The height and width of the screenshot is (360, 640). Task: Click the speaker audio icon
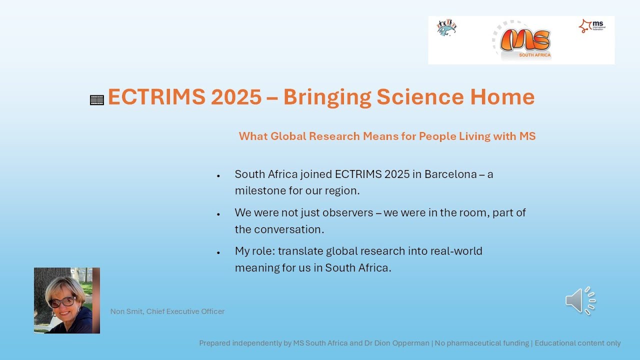(x=580, y=301)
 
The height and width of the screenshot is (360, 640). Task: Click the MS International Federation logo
(x=592, y=26)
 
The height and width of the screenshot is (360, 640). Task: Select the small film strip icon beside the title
(x=97, y=100)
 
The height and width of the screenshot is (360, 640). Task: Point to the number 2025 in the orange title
(x=236, y=97)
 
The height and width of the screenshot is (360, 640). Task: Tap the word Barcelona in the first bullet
(x=450, y=174)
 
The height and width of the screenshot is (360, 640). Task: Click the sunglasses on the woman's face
(x=62, y=302)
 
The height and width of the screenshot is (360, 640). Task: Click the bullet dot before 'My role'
(x=218, y=252)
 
